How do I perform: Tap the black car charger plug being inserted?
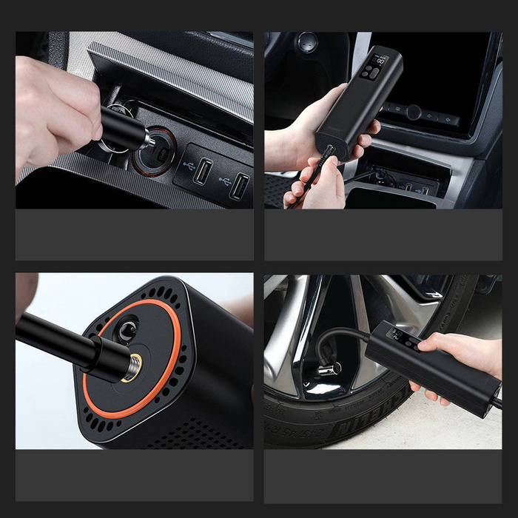[126, 127]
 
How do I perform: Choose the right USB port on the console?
[238, 186]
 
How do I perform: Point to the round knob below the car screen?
[414, 112]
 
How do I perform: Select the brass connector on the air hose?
[132, 364]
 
